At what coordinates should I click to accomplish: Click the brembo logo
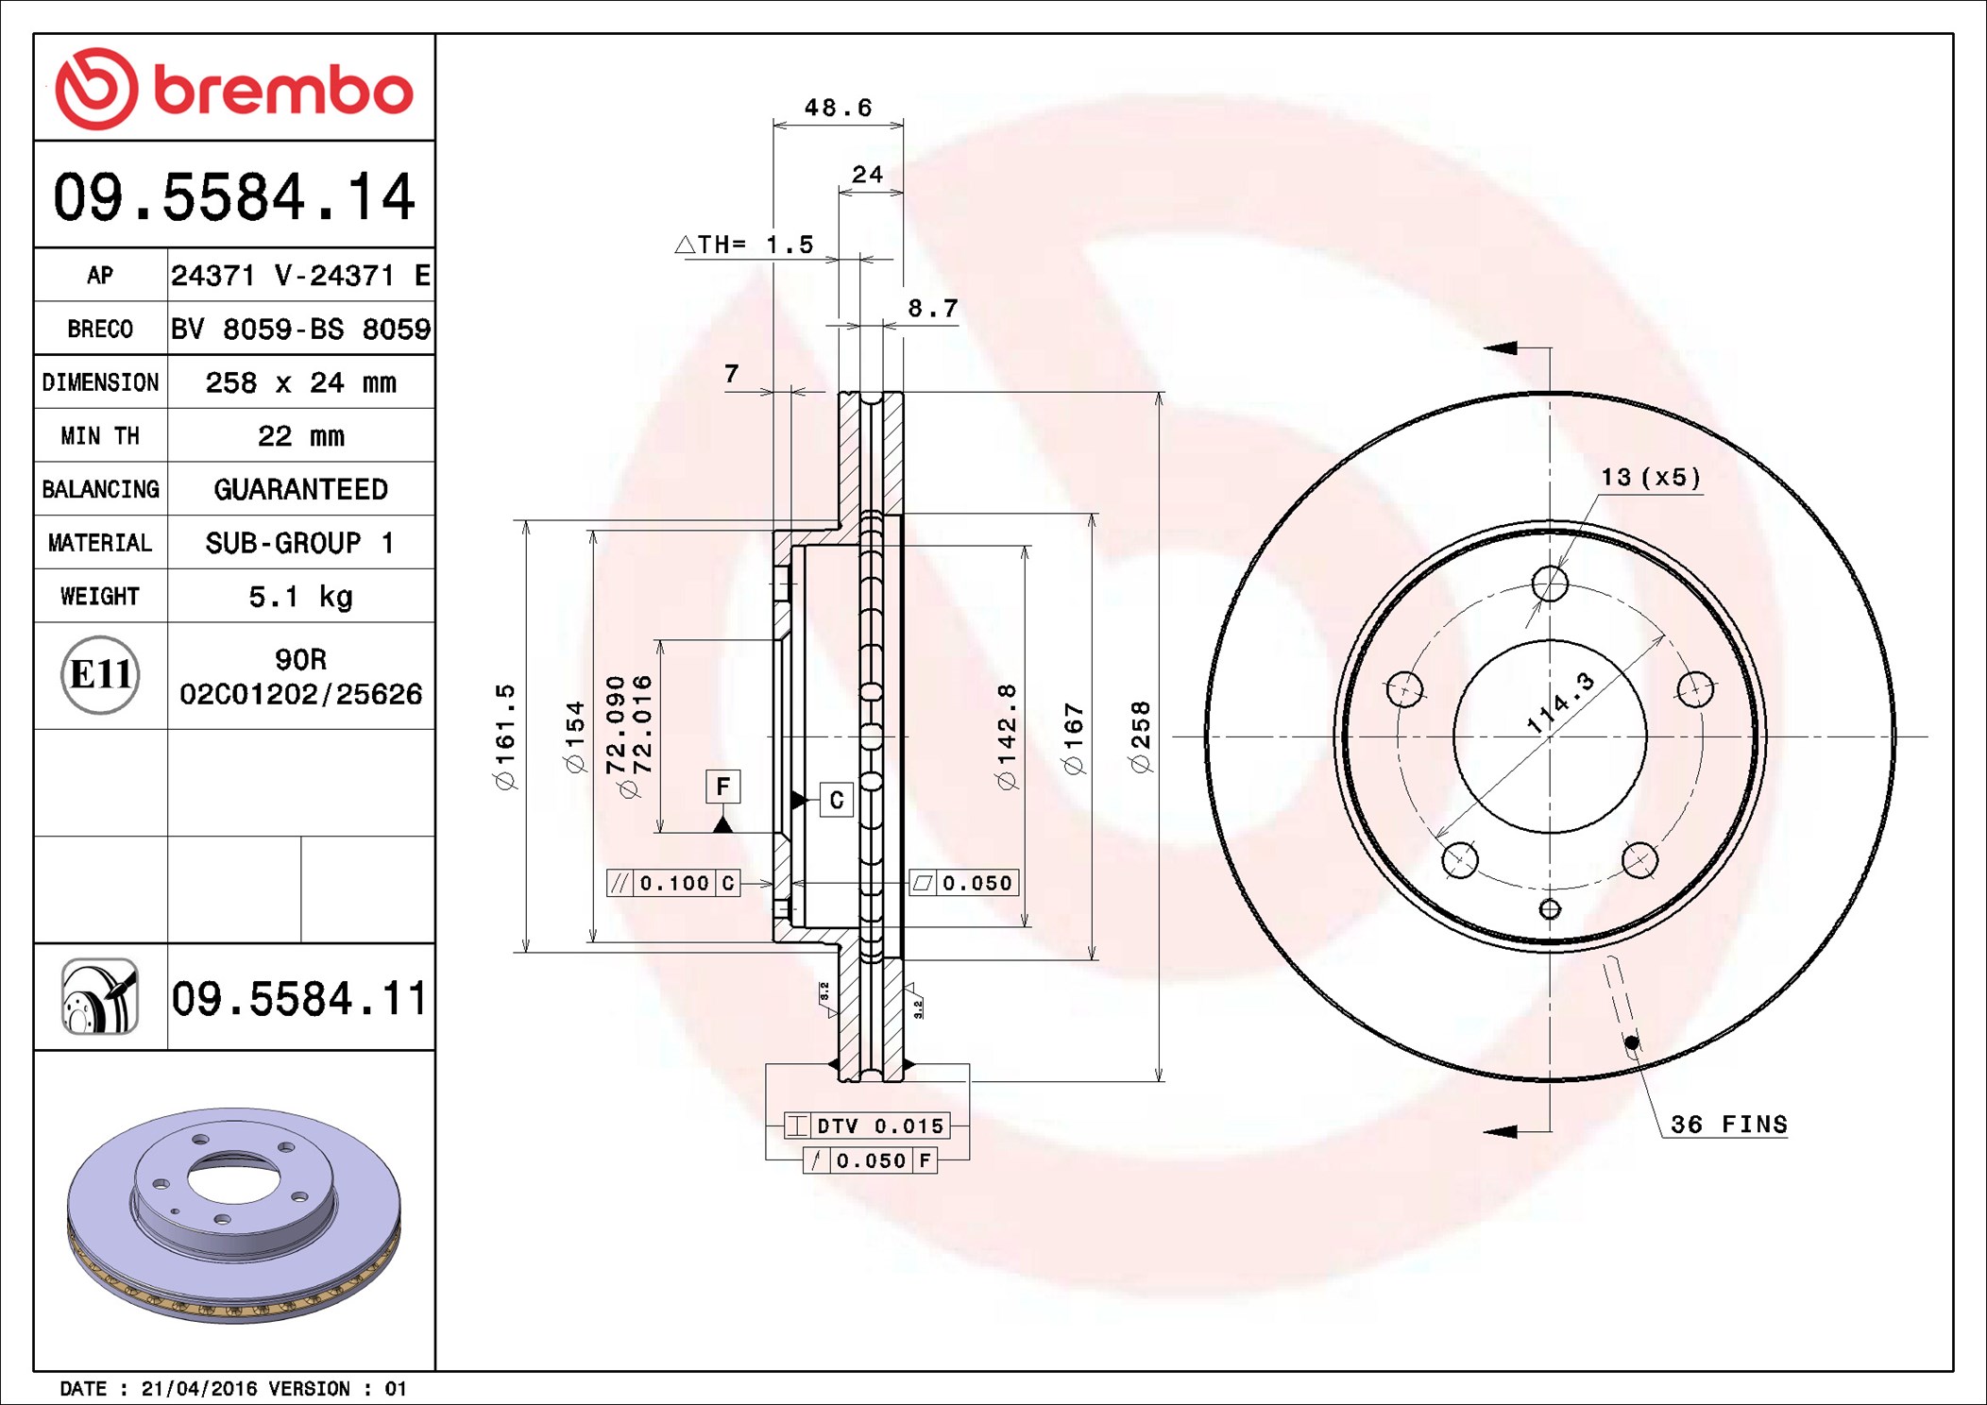(x=234, y=89)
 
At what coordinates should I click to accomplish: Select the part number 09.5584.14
(x=234, y=197)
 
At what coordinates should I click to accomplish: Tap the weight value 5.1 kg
(x=300, y=597)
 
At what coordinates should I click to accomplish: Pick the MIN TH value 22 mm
(x=300, y=436)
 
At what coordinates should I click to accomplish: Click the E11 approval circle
(x=100, y=675)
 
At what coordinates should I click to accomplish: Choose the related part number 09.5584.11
(x=299, y=998)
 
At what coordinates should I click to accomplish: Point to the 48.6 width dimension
(x=838, y=108)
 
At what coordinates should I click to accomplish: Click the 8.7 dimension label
(x=932, y=309)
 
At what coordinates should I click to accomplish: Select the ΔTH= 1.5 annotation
(x=745, y=245)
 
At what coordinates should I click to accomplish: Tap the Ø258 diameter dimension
(x=1141, y=736)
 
